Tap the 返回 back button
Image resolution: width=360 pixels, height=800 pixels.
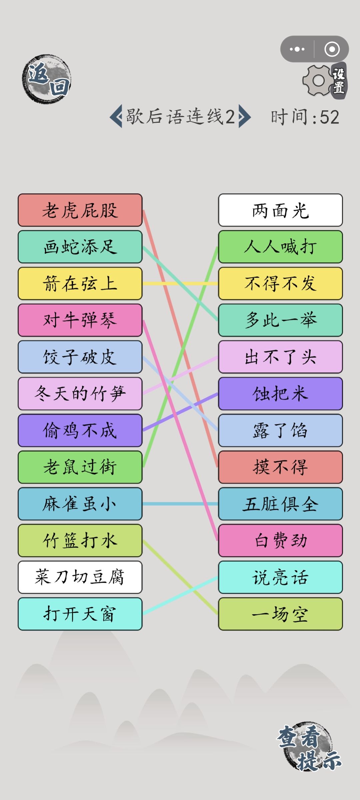pyautogui.click(x=47, y=79)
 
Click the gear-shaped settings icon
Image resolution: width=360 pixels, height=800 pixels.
pyautogui.click(x=318, y=80)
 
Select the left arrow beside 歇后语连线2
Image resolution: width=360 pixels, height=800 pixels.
pyautogui.click(x=116, y=117)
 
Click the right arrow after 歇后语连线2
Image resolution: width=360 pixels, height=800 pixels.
pyautogui.click(x=244, y=117)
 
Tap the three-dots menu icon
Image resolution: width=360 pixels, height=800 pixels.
pyautogui.click(x=297, y=49)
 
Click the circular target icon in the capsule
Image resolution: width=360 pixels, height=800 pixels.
pyautogui.click(x=332, y=49)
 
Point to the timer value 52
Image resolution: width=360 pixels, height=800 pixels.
pyautogui.click(x=329, y=117)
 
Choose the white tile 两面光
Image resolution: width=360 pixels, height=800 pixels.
pyautogui.click(x=280, y=210)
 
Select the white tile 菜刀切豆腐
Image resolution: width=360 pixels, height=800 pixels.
pyautogui.click(x=80, y=577)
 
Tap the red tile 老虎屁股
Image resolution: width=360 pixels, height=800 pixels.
pyautogui.click(x=80, y=210)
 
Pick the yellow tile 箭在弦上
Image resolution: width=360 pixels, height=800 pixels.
pyautogui.click(x=80, y=283)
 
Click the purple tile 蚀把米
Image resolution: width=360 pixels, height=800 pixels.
pyautogui.click(x=280, y=394)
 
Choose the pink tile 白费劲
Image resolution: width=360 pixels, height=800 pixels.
pyautogui.click(x=280, y=540)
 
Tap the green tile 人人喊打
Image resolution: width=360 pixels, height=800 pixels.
pyautogui.click(x=280, y=247)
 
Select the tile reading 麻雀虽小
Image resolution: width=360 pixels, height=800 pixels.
pyautogui.click(x=80, y=504)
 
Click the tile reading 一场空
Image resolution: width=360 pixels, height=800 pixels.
pyautogui.click(x=280, y=614)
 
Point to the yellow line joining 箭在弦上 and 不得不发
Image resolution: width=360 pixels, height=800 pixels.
pyautogui.click(x=180, y=284)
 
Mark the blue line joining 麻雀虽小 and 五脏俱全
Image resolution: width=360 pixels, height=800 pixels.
pyautogui.click(x=180, y=504)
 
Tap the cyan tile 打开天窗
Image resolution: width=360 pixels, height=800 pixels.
pyautogui.click(x=80, y=614)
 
